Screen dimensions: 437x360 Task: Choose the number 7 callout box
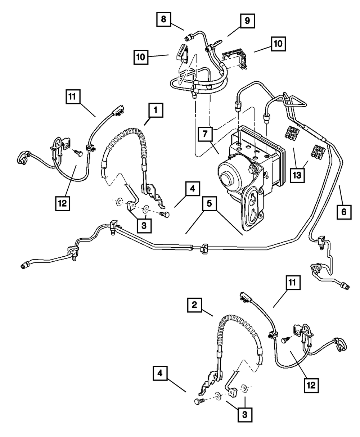point(205,135)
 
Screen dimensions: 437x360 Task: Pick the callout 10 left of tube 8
point(141,57)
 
